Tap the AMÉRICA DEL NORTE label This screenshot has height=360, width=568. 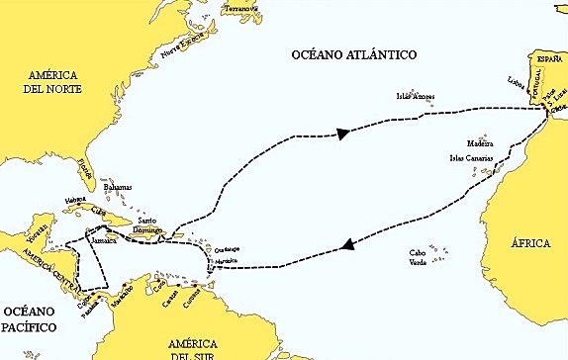tap(53, 81)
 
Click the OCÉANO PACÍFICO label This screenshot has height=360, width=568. tap(30, 318)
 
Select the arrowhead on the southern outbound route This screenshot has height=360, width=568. tap(347, 246)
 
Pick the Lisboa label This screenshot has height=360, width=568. tap(515, 82)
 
